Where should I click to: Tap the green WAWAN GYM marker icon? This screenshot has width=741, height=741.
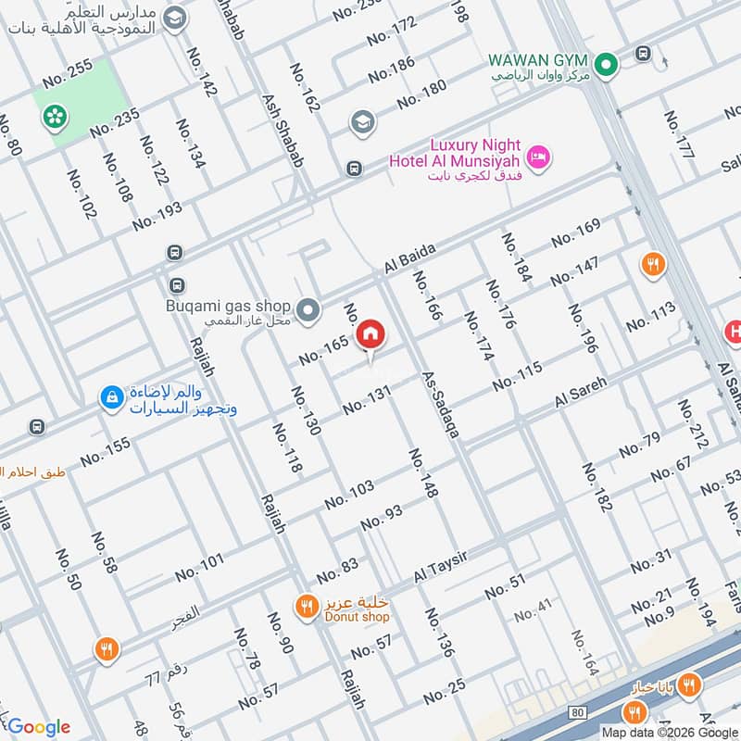[607, 65]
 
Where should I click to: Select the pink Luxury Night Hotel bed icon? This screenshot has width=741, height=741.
[540, 157]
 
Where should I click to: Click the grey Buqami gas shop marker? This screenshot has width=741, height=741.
[308, 308]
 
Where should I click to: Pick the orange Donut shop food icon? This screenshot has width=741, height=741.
[305, 607]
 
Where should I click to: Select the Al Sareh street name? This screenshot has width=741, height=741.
[581, 393]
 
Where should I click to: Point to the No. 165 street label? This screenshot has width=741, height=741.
[324, 350]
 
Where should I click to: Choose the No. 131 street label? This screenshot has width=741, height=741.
[368, 399]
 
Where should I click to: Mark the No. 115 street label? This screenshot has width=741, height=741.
[517, 377]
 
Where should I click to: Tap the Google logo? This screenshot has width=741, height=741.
[39, 727]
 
